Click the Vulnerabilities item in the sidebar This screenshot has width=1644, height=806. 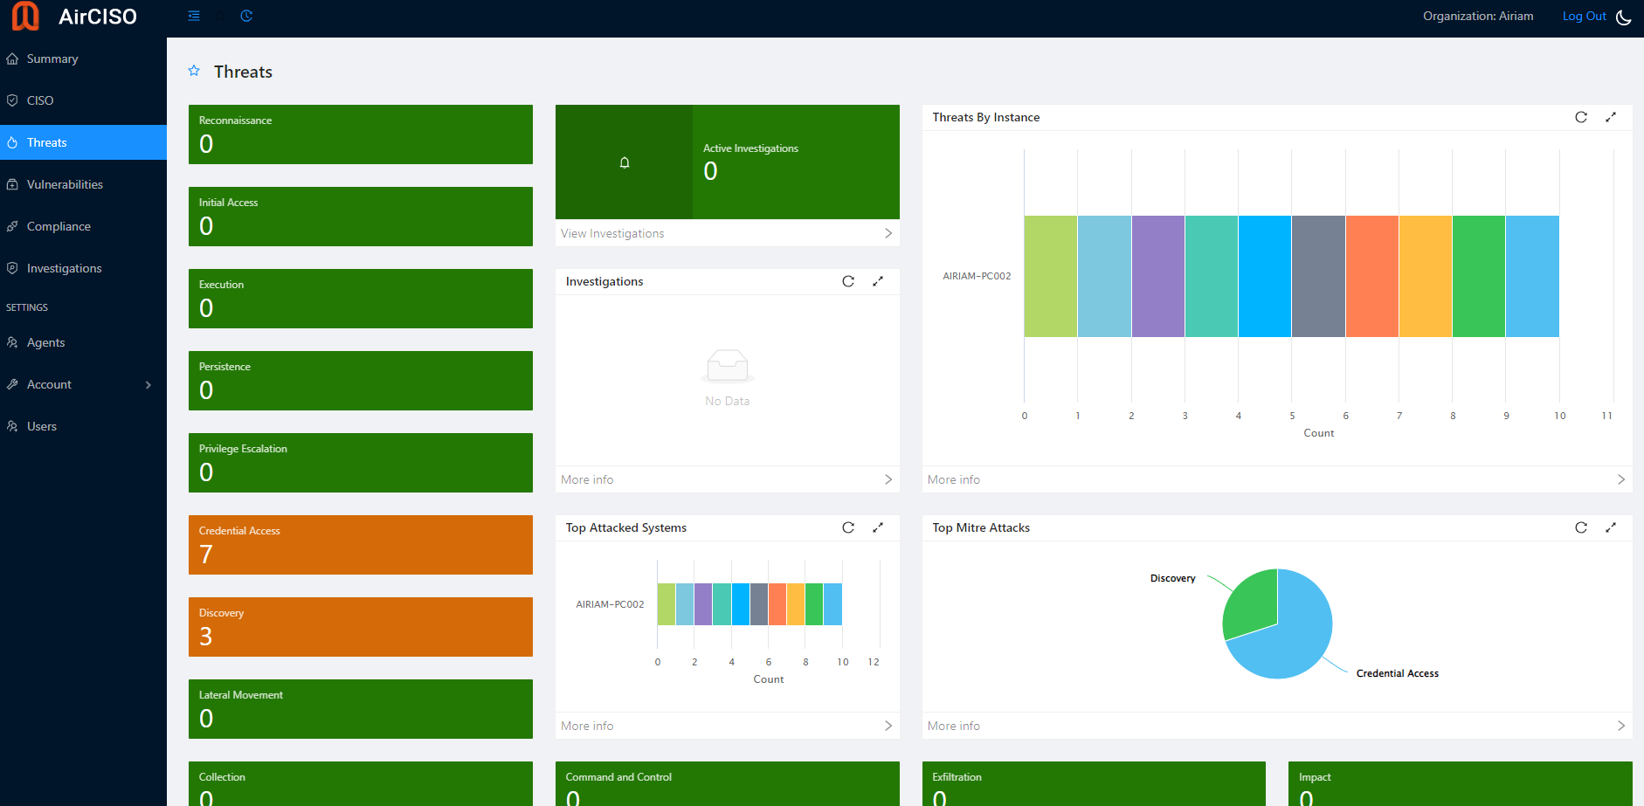pos(65,184)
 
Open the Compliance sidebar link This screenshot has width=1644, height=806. pos(59,226)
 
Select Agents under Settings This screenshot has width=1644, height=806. pos(45,342)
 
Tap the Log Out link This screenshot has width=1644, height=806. pos(1584,16)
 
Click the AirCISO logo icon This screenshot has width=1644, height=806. pos(25,16)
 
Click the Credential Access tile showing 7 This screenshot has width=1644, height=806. pos(360,545)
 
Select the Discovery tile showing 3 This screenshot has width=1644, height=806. pos(360,627)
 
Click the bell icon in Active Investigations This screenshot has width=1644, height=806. pos(625,162)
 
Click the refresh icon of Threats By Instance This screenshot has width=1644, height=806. pos(1581,117)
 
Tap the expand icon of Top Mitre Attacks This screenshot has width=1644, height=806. pos(1611,527)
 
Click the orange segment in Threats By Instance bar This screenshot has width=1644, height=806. pos(1372,276)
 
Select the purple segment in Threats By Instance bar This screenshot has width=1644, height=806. pos(1158,276)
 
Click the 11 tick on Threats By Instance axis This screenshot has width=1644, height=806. pos(1606,416)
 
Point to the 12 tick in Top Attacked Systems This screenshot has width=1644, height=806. pos(874,662)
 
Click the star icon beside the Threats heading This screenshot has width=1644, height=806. pos(194,71)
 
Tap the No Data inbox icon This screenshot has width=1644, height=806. pos(728,365)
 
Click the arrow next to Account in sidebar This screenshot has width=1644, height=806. pos(149,385)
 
